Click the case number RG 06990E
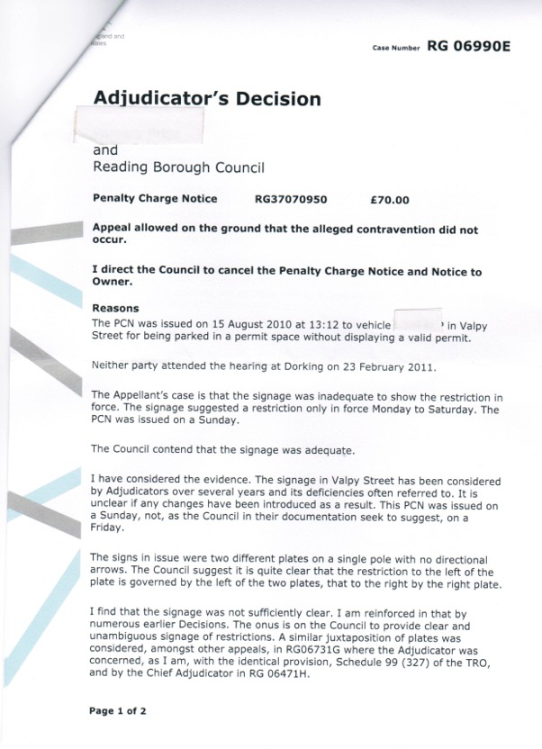(x=468, y=47)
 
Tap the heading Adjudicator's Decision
(x=206, y=98)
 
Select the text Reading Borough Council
(x=178, y=167)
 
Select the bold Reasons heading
(x=116, y=308)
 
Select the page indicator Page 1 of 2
(x=118, y=711)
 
